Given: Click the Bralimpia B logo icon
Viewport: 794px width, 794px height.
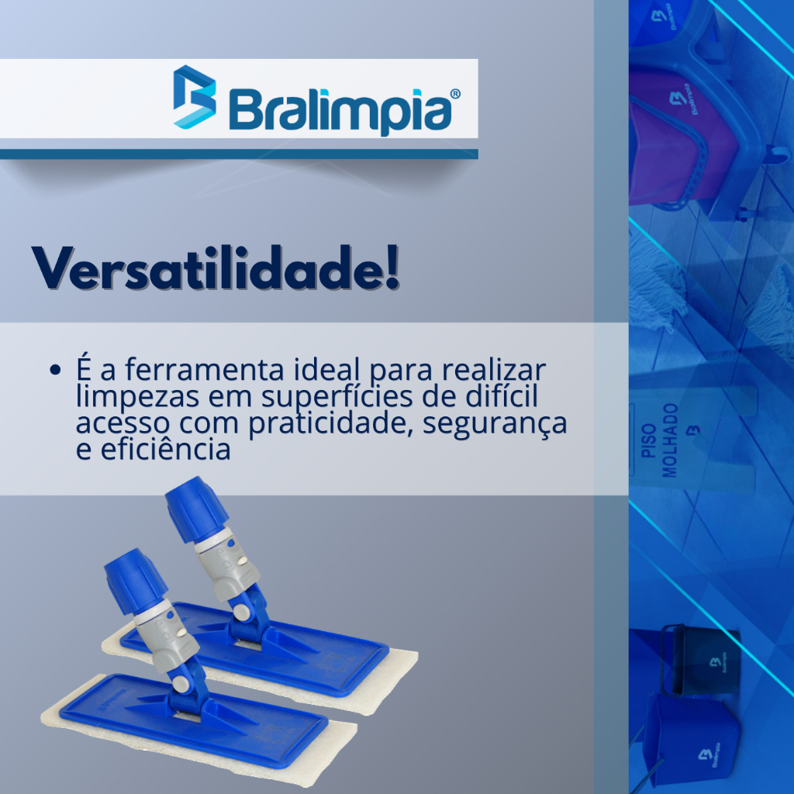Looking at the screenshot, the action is [x=195, y=97].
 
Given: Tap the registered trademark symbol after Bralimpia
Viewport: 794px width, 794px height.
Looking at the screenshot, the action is [x=455, y=94].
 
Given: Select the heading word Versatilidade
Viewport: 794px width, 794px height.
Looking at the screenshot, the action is [x=207, y=268].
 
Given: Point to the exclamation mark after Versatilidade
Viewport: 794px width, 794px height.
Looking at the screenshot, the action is [x=392, y=268].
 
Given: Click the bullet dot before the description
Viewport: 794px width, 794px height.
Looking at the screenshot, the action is [x=55, y=370].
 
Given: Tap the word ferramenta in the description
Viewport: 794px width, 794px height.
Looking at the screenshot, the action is [x=204, y=369].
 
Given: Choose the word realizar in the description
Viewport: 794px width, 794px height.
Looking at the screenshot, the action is [x=494, y=369].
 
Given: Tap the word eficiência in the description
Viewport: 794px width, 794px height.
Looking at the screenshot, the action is [x=166, y=450].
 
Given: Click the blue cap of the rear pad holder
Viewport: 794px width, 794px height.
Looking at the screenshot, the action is [x=197, y=509].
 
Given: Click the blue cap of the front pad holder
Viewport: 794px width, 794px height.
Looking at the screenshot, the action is [x=136, y=581].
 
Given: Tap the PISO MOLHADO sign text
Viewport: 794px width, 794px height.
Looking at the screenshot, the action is [x=659, y=440].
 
